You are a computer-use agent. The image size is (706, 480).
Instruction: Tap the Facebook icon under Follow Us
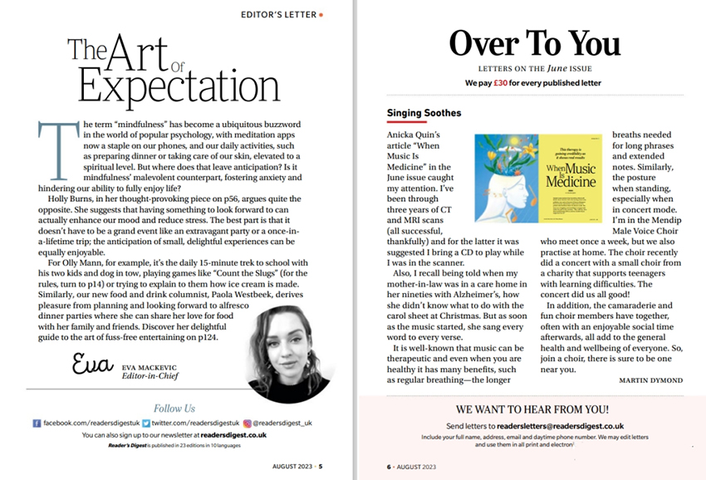click(37, 423)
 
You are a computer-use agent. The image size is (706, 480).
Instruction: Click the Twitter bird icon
click(145, 423)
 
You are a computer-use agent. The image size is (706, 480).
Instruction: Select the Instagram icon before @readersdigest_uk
click(247, 423)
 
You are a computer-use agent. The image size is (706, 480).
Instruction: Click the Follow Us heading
click(174, 408)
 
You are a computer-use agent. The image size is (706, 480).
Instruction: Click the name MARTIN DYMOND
click(650, 380)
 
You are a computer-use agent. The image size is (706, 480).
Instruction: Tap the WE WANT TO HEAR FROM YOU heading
click(533, 409)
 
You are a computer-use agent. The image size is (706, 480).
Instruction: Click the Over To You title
click(534, 42)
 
